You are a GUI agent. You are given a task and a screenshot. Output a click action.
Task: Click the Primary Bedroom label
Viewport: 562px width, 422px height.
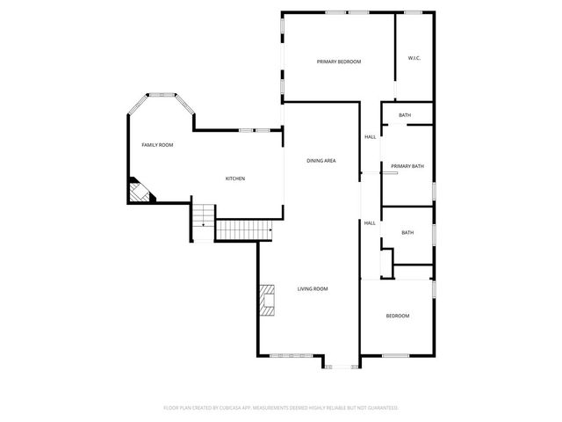pos(339,62)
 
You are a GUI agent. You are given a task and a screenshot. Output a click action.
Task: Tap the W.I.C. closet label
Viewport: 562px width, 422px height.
pos(414,59)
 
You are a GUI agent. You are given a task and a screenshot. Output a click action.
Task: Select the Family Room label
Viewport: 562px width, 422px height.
pos(157,144)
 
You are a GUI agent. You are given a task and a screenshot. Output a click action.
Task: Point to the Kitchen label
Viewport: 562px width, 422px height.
pos(234,178)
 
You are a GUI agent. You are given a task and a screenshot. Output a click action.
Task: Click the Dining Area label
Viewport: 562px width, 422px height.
pos(321,161)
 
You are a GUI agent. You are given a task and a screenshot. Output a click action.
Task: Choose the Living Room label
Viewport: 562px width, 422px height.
pos(312,288)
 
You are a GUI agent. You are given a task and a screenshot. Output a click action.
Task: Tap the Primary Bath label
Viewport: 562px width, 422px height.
pos(407,166)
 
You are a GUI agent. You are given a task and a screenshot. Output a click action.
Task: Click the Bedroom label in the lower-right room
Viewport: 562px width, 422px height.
pos(398,316)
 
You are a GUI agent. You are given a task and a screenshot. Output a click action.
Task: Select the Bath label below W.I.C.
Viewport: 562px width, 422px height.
pos(405,115)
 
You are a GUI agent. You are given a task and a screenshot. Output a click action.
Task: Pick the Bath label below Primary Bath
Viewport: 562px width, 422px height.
pos(407,232)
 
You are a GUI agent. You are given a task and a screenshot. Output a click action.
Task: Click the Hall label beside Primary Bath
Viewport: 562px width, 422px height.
pos(370,136)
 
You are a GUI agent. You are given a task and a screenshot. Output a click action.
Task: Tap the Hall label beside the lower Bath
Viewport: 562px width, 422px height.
pos(370,222)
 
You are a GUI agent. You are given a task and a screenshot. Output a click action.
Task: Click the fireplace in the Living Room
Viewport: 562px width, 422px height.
pos(267,299)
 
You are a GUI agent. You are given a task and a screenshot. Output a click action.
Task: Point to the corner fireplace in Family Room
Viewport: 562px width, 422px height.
pos(139,191)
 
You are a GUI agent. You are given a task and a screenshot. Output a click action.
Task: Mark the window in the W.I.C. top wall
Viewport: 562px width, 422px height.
pos(413,12)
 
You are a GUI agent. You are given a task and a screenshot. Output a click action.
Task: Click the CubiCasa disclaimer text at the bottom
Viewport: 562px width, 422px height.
pos(281,408)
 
